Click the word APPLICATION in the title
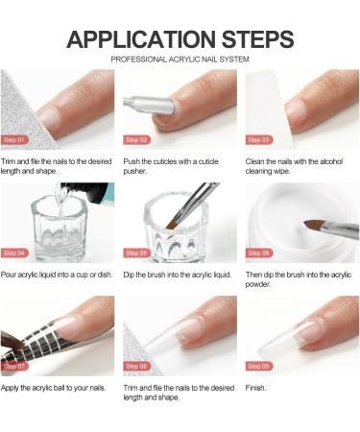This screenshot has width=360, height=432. click(141, 39)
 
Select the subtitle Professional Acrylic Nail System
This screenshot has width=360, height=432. click(180, 60)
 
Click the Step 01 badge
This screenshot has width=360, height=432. click(14, 140)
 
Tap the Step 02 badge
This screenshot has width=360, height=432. click(136, 140)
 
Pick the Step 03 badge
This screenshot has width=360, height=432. click(259, 140)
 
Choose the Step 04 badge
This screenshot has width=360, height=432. click(14, 253)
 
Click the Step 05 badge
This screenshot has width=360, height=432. click(136, 253)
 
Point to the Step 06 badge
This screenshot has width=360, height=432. click(259, 253)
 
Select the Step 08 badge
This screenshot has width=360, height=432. click(136, 366)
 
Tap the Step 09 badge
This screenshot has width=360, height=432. click(259, 366)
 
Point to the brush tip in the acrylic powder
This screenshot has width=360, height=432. click(312, 226)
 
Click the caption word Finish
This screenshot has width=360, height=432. click(255, 388)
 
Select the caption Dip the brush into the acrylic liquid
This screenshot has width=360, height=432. click(178, 275)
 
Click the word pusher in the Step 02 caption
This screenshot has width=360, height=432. click(134, 171)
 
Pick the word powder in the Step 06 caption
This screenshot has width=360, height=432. click(258, 284)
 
